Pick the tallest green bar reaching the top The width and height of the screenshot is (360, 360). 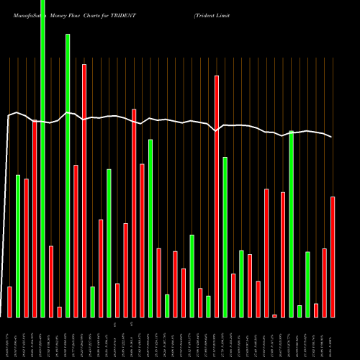click(42, 158)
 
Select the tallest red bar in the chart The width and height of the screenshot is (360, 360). click(84, 191)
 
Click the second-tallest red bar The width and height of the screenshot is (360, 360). click(216, 196)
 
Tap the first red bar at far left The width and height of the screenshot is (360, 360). click(9, 302)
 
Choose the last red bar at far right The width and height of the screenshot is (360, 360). click(333, 256)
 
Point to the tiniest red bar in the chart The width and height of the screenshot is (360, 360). click(274, 315)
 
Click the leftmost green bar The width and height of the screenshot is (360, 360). click(18, 246)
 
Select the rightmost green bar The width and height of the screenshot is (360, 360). click(307, 284)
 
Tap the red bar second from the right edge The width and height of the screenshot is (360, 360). click(324, 282)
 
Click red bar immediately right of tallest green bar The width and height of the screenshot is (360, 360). click(51, 282)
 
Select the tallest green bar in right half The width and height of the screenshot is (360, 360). click(291, 224)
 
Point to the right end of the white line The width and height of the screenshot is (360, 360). click(332, 137)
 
